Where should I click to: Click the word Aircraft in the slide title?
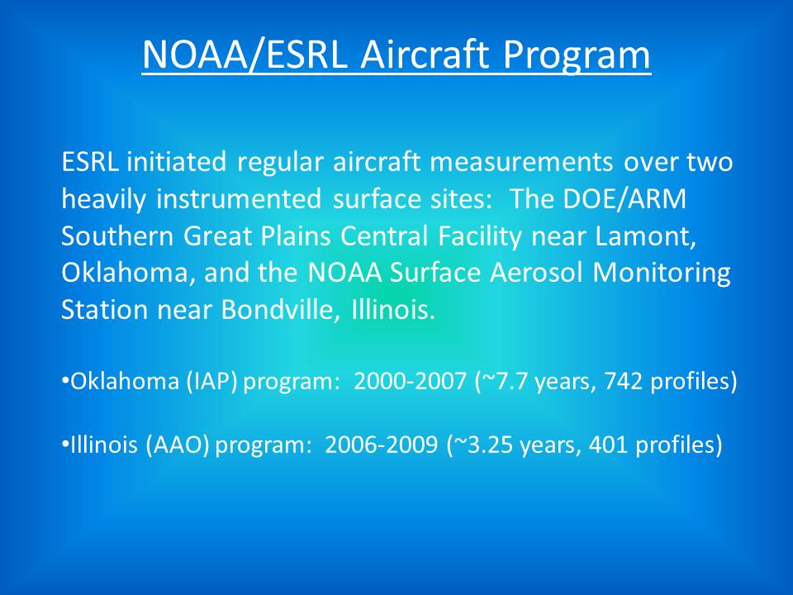[x=425, y=54]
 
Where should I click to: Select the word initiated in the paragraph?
[x=176, y=162]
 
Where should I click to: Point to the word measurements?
[x=521, y=163]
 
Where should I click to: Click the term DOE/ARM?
[x=624, y=199]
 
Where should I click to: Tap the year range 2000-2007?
[x=410, y=381]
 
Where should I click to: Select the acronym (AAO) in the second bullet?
[x=177, y=445]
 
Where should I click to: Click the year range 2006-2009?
[x=382, y=445]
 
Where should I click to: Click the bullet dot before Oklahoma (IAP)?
[x=65, y=379]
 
